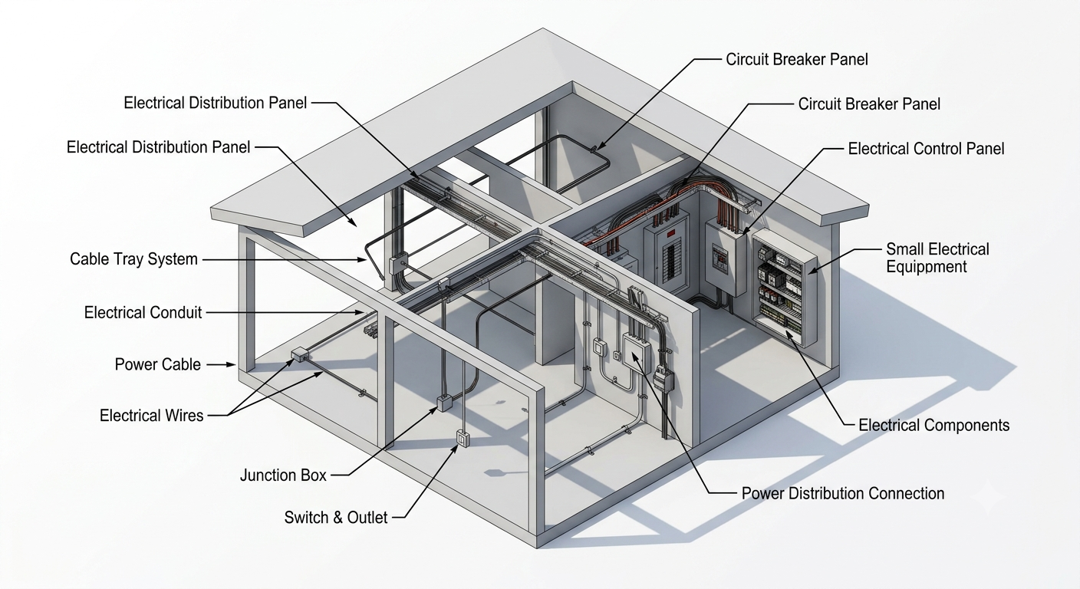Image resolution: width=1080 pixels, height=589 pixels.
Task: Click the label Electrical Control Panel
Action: coord(926,149)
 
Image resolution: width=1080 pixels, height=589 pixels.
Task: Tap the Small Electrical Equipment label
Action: coord(937,258)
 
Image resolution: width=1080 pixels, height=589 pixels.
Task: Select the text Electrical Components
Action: coord(934,425)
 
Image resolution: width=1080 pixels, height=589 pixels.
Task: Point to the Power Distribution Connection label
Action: coord(843,494)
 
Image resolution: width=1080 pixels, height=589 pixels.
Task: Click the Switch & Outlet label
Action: coord(335,518)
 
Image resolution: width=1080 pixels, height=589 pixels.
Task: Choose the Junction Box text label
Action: coord(284,475)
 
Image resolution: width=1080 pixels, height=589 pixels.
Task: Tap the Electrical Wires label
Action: coord(151,416)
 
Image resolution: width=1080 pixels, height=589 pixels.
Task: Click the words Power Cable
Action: coord(158,364)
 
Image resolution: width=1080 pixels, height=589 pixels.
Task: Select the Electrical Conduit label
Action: coord(143,313)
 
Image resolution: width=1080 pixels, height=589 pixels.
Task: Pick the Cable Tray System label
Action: coord(133,259)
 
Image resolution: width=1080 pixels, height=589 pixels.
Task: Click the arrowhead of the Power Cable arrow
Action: coord(232,365)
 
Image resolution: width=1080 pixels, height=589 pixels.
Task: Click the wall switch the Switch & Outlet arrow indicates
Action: coord(463,438)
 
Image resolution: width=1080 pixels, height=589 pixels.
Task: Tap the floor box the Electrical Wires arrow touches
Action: coord(299,354)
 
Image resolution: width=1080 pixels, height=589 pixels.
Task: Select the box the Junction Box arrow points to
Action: coord(444,403)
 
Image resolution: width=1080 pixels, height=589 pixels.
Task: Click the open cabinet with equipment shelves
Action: coord(785,288)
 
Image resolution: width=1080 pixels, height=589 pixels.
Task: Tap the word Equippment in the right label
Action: coord(926,267)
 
